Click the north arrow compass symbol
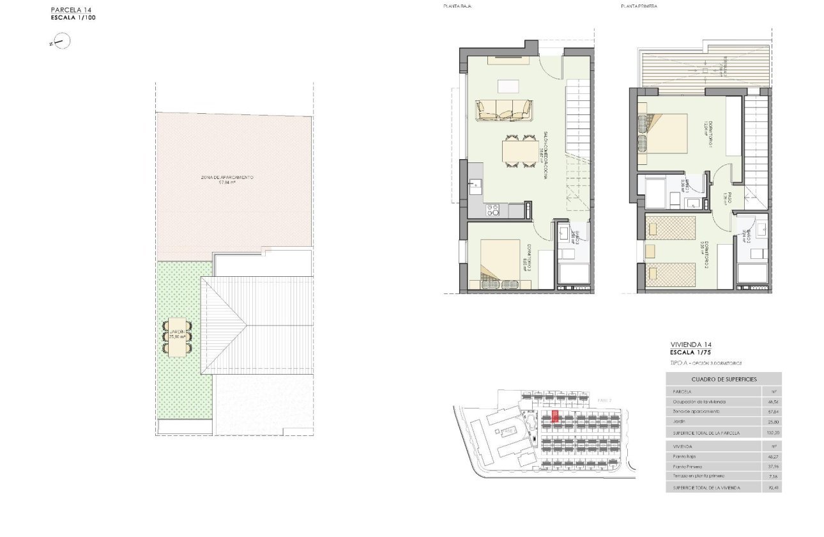tap(62, 43)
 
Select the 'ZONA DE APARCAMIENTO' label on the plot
tap(227, 177)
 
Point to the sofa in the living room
tap(504, 110)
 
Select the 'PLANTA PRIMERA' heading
tap(639, 6)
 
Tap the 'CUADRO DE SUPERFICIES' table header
tap(723, 379)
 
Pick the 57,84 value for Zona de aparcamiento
tap(772, 412)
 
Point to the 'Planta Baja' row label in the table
tap(684, 456)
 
